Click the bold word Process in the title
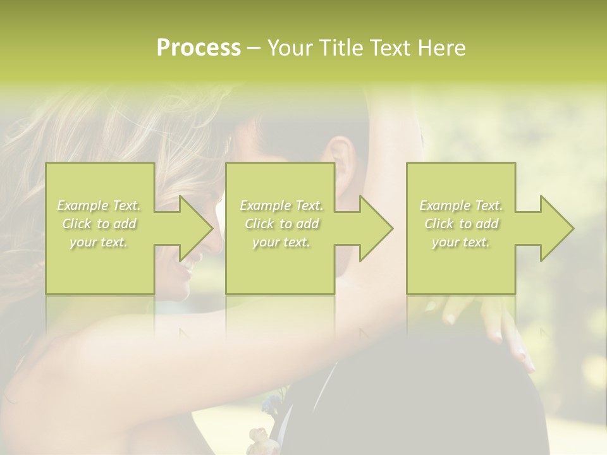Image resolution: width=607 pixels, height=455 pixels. tap(199, 48)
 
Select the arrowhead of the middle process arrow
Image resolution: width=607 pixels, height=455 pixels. tap(375, 228)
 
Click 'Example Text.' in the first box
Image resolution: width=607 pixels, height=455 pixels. tap(99, 205)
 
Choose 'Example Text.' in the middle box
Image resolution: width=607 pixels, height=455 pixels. tap(281, 205)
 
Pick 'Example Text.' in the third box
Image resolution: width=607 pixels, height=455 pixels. tap(461, 205)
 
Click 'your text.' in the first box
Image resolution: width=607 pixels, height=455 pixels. tap(99, 242)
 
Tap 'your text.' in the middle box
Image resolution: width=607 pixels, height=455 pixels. tap(281, 242)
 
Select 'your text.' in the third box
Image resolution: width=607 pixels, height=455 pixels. tap(461, 242)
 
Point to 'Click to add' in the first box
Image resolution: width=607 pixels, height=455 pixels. tap(99, 224)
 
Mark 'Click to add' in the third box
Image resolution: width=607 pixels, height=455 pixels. tap(461, 224)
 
